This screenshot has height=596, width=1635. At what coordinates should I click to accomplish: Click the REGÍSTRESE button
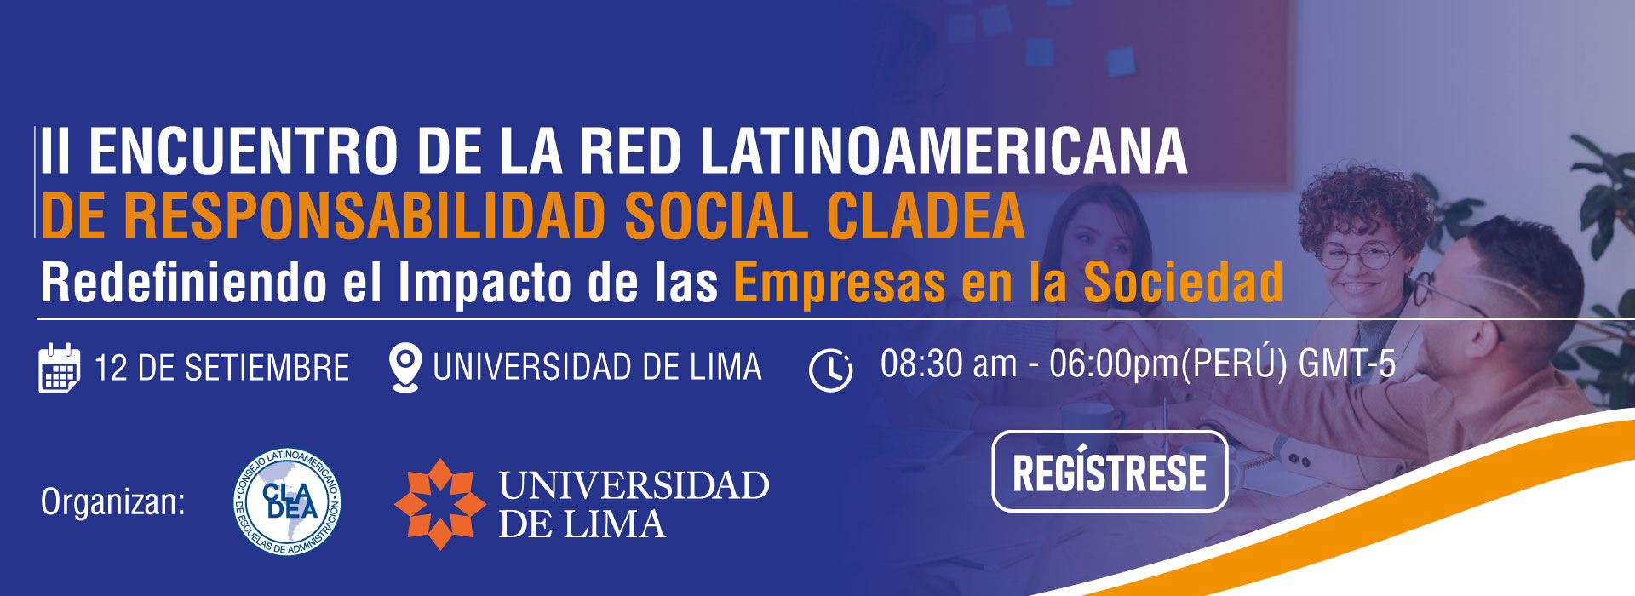(1110, 472)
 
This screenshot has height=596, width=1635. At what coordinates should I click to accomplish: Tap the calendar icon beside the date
(60, 368)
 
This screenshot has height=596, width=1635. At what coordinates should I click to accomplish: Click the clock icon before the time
(830, 370)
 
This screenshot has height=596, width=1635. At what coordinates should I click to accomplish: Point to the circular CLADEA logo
(288, 502)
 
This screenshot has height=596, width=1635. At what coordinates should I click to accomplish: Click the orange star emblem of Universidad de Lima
(439, 504)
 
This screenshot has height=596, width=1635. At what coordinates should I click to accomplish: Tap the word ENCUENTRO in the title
(243, 152)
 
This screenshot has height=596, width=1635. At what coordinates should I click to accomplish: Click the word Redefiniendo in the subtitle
(184, 282)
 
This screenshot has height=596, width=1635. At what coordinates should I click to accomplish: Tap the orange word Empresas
(840, 284)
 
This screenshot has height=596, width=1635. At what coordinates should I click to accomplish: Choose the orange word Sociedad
(1183, 282)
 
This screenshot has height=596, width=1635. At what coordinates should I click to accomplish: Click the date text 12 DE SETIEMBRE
(221, 369)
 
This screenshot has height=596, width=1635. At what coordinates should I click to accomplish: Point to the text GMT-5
(1346, 364)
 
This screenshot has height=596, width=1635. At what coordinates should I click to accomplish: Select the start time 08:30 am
(949, 364)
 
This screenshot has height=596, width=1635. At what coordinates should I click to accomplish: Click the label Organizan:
(113, 502)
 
